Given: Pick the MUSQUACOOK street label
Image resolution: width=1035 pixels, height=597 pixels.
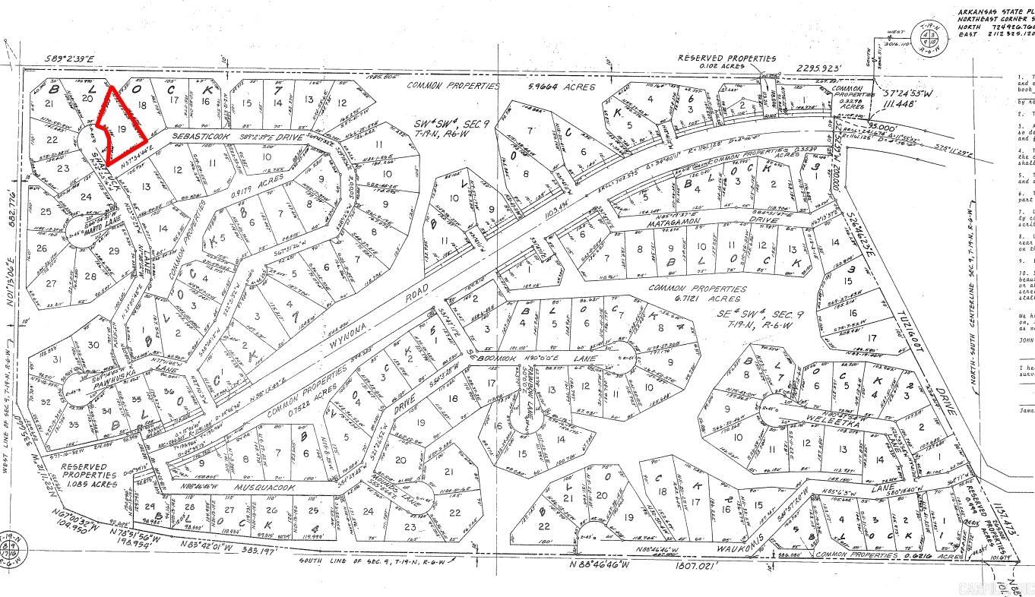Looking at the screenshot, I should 261,485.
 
